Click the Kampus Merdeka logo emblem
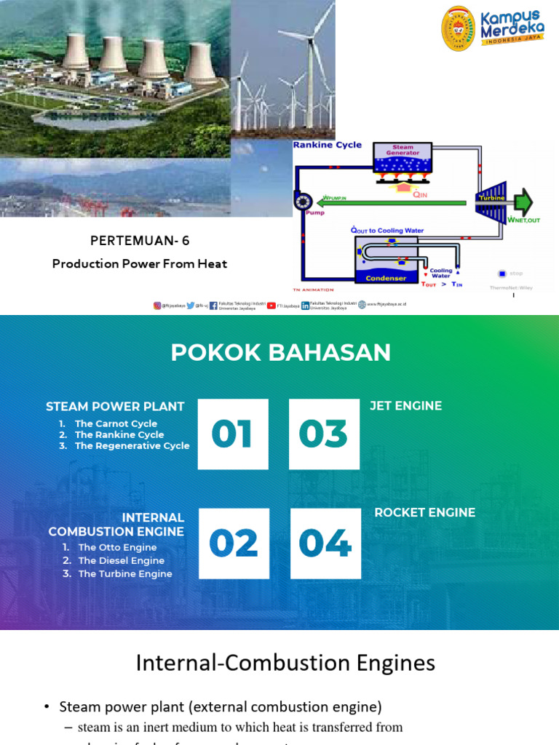coord(459,28)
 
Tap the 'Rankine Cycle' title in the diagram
coord(328,145)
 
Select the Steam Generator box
coord(403,156)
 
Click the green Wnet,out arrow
coord(523,202)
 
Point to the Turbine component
coord(492,201)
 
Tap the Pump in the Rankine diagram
coord(302,202)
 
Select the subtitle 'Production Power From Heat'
coord(140,263)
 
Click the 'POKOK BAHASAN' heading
coord(281,353)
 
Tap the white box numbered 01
coord(233,434)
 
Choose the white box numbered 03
coord(324,434)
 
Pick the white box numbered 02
coord(234,543)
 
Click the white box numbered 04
coord(325,543)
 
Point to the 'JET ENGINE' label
coord(406,405)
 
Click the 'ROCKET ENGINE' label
coord(425,512)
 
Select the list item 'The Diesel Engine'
coord(122,560)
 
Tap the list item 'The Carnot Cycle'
coord(116,423)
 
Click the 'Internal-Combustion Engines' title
coord(286,663)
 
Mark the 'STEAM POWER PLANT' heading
coord(115,406)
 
